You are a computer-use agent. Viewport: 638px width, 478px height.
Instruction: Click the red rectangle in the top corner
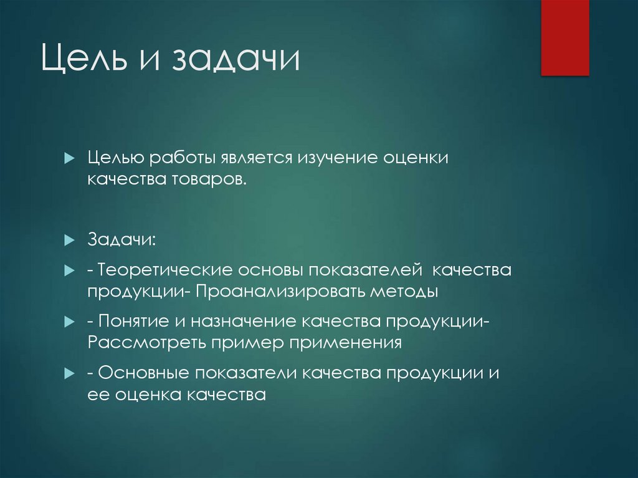point(564,37)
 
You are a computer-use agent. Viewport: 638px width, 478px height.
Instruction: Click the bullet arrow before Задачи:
point(70,241)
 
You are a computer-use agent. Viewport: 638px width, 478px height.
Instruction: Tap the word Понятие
point(135,322)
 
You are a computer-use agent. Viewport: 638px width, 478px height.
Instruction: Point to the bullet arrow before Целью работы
point(70,158)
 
